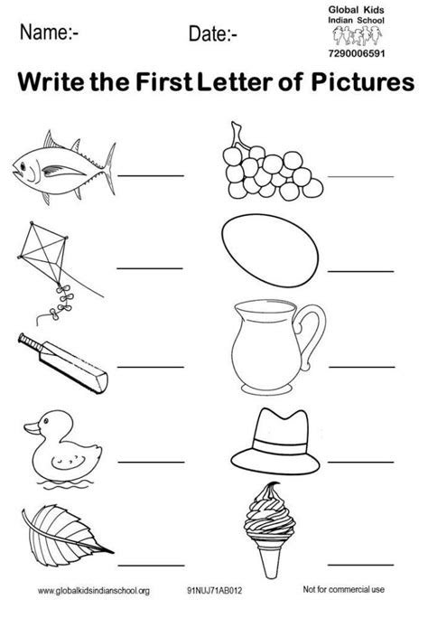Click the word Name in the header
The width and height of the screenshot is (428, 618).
click(x=47, y=33)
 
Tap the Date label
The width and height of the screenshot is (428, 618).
click(x=213, y=34)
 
